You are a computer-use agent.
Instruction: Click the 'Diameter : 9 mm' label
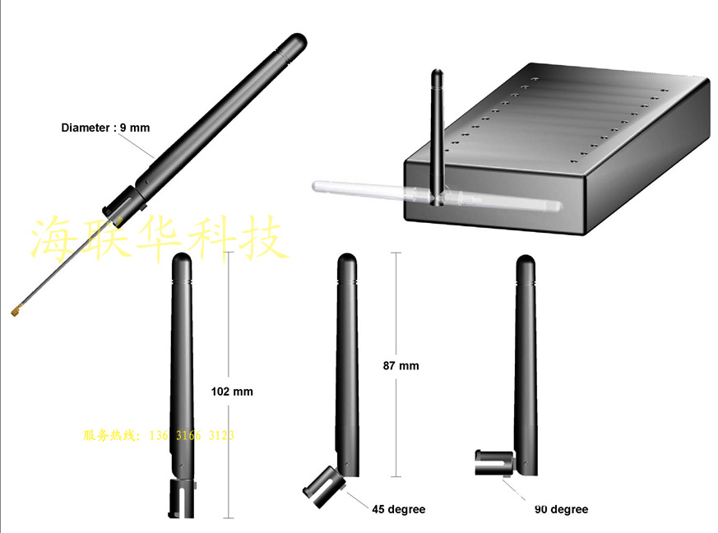point(105,127)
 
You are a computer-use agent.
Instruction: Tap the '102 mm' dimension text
point(232,392)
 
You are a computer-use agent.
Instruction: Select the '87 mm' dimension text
point(401,366)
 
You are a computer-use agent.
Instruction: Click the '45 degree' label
point(398,509)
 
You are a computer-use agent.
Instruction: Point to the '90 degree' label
point(561,509)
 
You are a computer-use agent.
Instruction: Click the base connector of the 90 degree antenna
point(494,462)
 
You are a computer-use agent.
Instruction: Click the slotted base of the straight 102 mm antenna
point(183,498)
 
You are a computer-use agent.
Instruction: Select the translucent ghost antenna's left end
point(316,186)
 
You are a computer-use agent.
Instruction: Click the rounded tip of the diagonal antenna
point(298,39)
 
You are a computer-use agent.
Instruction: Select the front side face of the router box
point(494,197)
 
